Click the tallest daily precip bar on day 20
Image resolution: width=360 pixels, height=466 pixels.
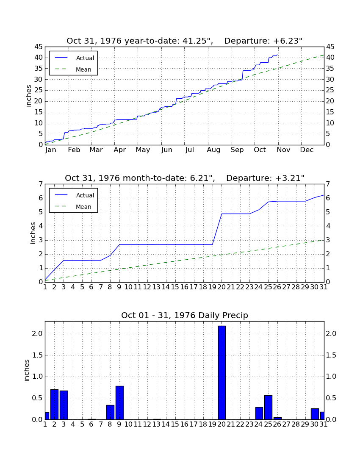(x=222, y=373)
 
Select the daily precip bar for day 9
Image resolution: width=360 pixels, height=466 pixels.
(x=119, y=403)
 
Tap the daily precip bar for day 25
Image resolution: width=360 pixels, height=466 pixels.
(x=268, y=408)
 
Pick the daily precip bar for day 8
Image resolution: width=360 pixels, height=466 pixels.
(x=110, y=412)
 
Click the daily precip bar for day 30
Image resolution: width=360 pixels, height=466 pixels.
(x=315, y=414)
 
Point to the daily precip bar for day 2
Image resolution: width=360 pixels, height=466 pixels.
(x=54, y=405)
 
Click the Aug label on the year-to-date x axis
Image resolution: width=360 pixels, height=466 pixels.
(x=213, y=150)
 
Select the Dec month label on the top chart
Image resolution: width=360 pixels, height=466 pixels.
(x=307, y=150)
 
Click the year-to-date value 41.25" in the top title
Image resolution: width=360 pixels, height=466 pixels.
(x=197, y=41)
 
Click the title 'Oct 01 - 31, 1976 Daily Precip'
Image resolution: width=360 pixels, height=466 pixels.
(x=185, y=315)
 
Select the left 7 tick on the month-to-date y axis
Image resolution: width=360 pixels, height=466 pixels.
(x=41, y=184)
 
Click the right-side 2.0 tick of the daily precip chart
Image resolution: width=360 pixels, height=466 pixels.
(x=331, y=334)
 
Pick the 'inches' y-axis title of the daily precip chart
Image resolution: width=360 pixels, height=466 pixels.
(x=26, y=370)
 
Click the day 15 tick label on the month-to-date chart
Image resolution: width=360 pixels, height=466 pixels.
(x=175, y=287)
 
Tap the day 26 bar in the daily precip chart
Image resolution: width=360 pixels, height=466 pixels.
(x=277, y=419)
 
